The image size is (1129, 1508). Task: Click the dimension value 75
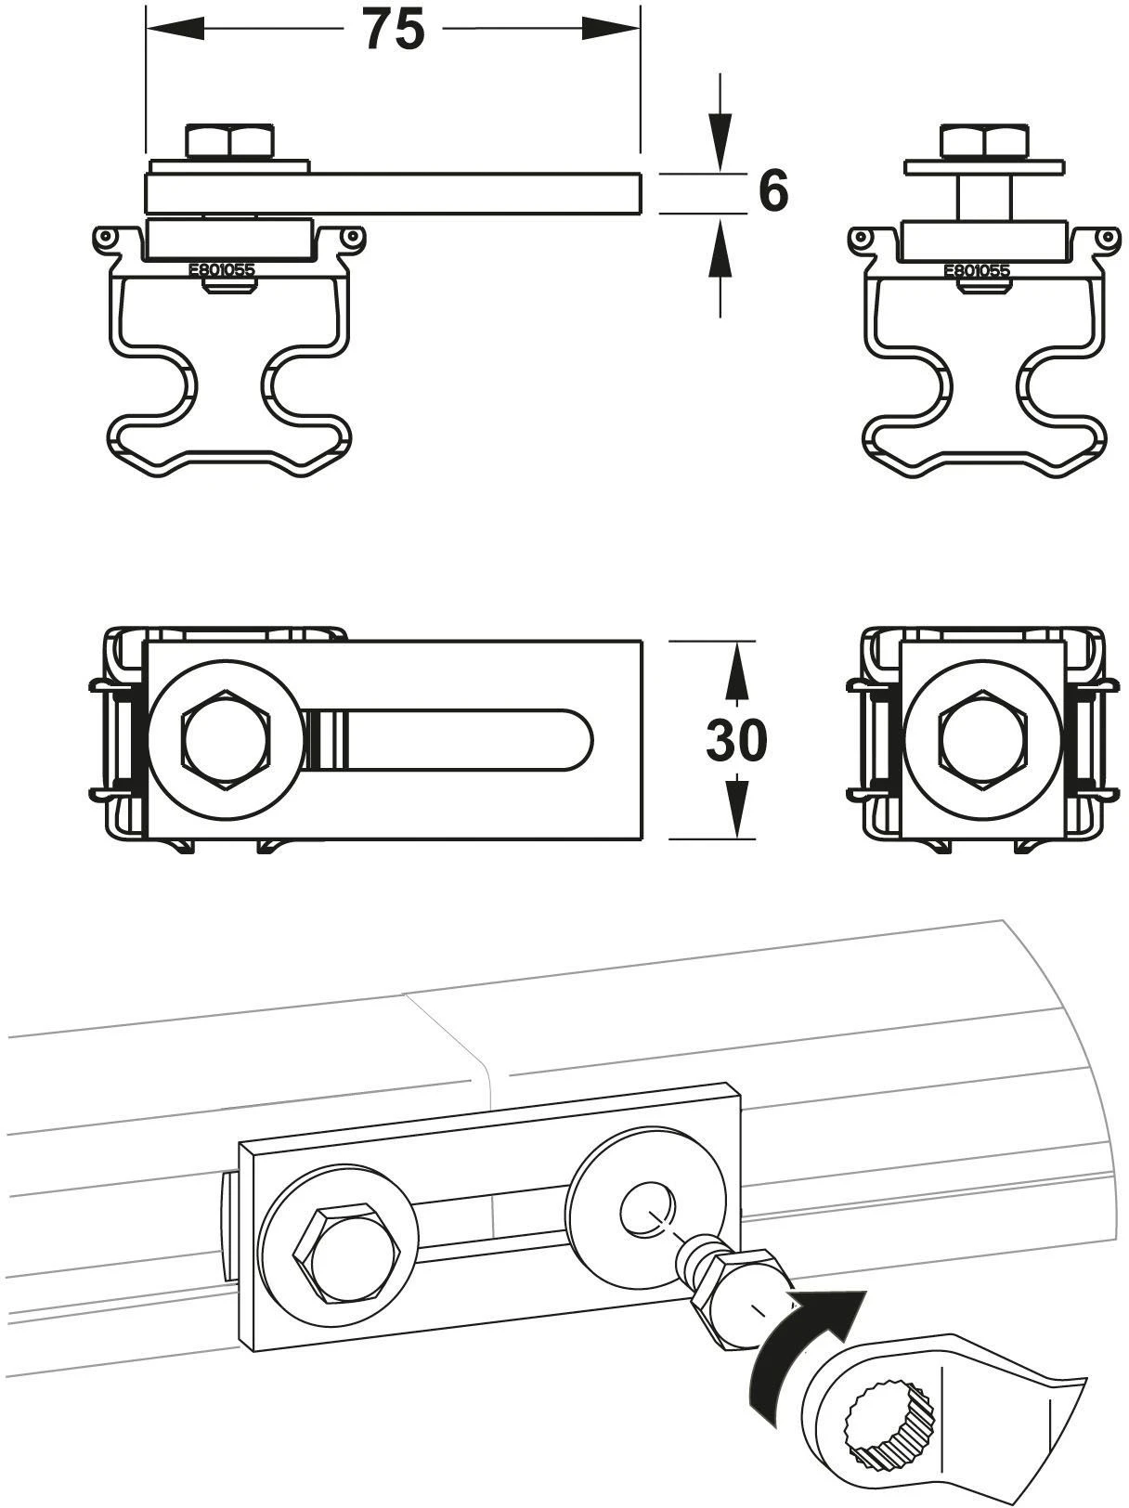coord(393,30)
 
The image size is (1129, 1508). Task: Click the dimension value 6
coord(772,191)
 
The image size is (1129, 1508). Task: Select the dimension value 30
coord(736,740)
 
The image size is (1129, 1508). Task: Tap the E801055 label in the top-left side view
coord(221,270)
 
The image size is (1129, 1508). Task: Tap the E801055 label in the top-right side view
coord(976,271)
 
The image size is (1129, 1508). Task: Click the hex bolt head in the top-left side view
coord(230,141)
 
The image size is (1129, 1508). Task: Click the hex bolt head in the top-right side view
coord(984,141)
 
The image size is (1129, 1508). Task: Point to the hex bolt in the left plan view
coord(226,740)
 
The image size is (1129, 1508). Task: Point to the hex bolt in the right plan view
coord(982,740)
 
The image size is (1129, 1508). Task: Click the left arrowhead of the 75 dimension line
coord(176,30)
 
